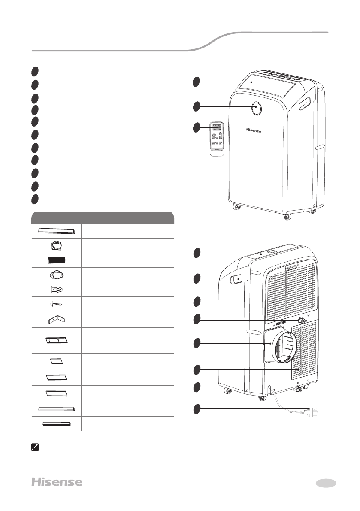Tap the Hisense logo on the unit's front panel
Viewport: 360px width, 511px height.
(254, 130)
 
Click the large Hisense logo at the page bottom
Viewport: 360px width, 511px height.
(57, 482)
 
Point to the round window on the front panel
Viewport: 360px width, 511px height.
(256, 108)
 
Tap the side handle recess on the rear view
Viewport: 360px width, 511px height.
(236, 280)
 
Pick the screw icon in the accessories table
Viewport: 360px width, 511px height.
(57, 304)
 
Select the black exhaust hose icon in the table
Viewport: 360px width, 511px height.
(57, 260)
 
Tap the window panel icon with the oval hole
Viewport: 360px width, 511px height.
(57, 340)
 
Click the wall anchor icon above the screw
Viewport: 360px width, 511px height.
(57, 289)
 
